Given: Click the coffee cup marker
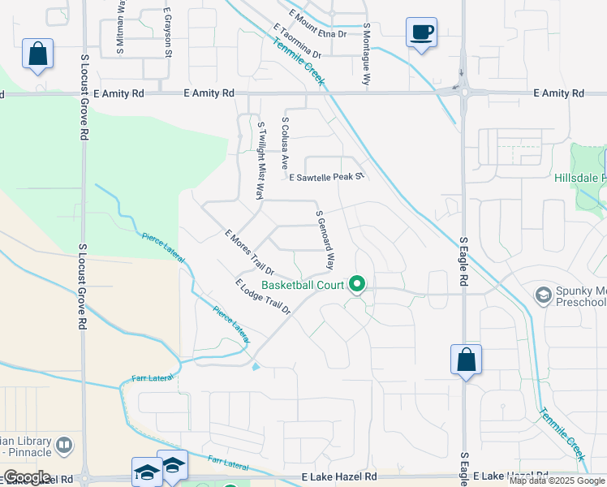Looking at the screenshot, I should (421, 33).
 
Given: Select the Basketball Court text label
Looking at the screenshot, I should (303, 285).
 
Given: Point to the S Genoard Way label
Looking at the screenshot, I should (325, 239).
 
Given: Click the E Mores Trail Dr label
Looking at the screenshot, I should (250, 252).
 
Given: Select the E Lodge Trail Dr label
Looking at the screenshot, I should (262, 296).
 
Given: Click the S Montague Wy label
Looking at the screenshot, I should (366, 54).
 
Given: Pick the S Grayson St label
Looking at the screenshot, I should (168, 33).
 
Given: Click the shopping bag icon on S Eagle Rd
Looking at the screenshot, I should (466, 360).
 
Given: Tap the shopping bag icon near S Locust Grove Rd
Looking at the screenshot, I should (37, 54).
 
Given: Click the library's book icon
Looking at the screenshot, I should (64, 446).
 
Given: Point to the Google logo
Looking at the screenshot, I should (26, 477).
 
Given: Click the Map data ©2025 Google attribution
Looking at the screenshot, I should (557, 481).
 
